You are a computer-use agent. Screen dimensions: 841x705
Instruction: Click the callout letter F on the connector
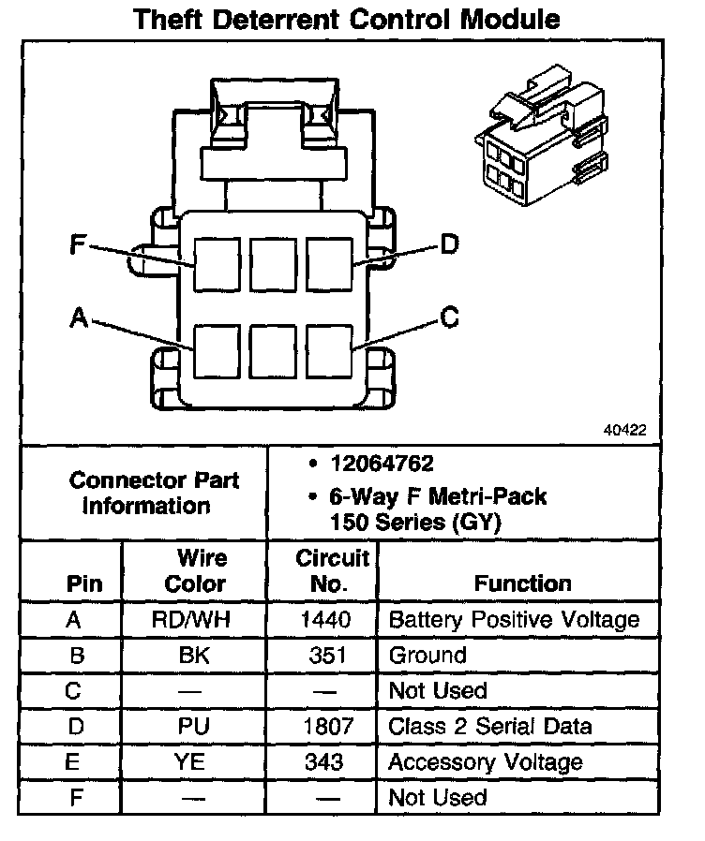click(78, 246)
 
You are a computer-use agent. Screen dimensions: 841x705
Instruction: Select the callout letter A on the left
click(79, 318)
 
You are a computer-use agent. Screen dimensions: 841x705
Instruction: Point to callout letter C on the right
click(449, 318)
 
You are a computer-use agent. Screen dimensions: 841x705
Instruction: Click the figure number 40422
click(624, 432)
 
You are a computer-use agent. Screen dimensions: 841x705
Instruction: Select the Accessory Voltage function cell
click(485, 762)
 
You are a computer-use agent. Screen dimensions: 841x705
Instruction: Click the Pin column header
click(84, 583)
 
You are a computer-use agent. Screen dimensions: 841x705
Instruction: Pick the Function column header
click(522, 583)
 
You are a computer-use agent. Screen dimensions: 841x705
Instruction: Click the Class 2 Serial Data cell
click(489, 727)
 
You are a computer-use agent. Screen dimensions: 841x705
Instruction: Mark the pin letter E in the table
click(72, 762)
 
